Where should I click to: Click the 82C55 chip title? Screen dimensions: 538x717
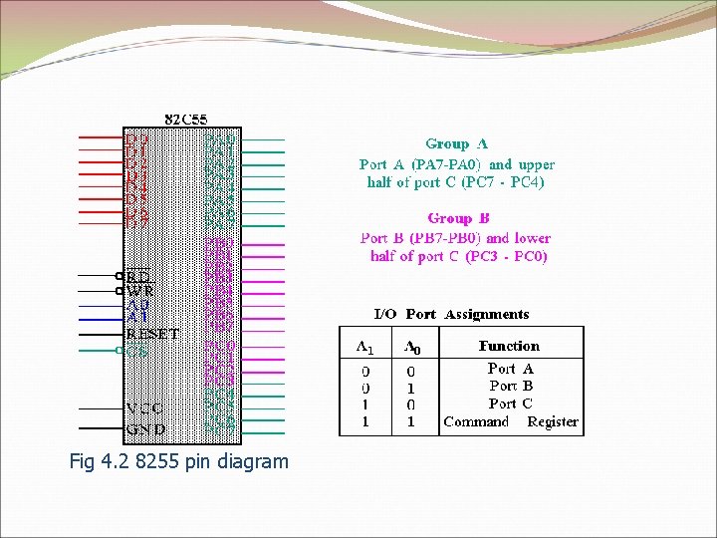(186, 120)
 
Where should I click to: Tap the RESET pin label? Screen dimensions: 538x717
(152, 335)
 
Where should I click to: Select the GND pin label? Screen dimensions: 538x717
(145, 429)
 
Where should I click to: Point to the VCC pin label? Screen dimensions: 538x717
(144, 408)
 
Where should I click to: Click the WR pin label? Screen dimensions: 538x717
(139, 291)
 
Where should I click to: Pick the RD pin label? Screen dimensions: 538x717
(138, 276)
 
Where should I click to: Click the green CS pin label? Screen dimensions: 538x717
(137, 350)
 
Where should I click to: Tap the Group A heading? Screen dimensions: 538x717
(456, 144)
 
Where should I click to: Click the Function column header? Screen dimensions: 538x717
(509, 346)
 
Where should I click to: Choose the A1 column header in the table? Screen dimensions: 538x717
(365, 347)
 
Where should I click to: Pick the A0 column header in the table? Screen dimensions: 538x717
(410, 347)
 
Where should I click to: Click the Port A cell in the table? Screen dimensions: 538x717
(511, 369)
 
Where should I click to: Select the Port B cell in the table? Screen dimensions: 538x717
(511, 386)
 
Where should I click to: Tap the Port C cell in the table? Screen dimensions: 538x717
(511, 403)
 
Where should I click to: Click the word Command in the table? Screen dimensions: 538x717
(476, 421)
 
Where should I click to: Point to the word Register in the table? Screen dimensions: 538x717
(553, 421)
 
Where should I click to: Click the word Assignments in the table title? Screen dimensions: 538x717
(487, 314)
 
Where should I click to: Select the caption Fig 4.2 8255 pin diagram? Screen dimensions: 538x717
(179, 461)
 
